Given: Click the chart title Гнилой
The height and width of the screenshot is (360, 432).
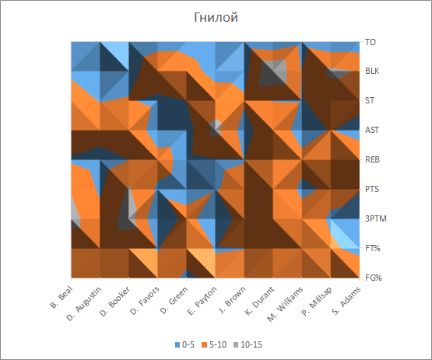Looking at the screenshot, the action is click(216, 17).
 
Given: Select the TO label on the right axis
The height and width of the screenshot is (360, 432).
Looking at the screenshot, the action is click(371, 42).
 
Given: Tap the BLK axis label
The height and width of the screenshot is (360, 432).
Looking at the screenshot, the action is click(372, 71).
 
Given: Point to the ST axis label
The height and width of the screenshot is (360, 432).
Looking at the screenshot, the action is click(370, 100).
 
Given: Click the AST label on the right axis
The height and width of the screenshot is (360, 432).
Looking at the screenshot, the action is click(372, 130).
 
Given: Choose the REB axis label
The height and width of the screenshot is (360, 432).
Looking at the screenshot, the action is click(372, 159).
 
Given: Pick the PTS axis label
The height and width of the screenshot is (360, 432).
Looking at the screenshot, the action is click(372, 189).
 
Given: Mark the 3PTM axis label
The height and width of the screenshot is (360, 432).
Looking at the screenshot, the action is click(376, 218).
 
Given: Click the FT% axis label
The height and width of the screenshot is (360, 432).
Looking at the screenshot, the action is click(373, 248).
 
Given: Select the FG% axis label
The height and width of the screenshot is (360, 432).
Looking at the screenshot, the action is click(374, 278).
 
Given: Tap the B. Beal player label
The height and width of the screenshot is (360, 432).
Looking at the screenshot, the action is click(61, 297).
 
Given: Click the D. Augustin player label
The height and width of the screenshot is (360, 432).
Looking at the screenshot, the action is click(84, 304).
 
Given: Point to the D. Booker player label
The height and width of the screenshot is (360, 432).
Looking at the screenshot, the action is click(114, 302).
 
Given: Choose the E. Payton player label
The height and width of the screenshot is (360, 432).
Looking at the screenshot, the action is click(202, 301).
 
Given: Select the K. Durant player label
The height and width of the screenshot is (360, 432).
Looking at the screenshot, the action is click(259, 301).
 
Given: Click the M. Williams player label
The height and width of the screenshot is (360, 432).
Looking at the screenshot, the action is click(285, 304).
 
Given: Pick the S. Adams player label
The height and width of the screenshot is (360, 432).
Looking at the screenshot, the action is click(346, 301).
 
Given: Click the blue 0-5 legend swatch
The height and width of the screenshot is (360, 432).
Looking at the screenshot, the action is click(177, 344).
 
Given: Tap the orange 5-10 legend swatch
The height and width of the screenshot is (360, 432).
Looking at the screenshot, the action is click(204, 344).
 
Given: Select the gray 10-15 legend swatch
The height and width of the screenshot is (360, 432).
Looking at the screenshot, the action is click(236, 344).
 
